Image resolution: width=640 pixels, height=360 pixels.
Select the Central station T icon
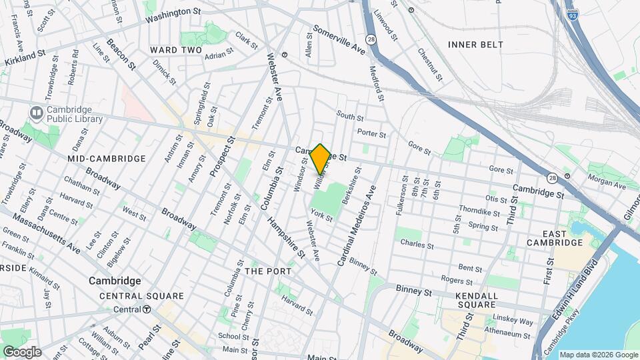[146, 309]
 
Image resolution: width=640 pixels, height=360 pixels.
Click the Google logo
[22, 351]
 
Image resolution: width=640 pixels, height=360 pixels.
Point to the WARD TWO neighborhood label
[175, 50]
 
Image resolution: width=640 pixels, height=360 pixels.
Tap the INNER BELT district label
[475, 45]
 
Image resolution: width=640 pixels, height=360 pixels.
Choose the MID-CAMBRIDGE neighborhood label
[106, 159]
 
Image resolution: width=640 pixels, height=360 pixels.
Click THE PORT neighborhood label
[268, 271]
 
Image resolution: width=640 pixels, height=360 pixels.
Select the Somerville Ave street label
[340, 41]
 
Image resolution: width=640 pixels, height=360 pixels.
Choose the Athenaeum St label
[509, 331]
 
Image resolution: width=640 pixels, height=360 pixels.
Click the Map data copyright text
[598, 355]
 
